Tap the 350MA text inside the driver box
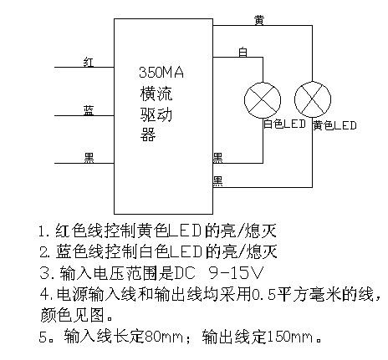(161, 73)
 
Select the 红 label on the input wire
(89, 62)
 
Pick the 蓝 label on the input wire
(89, 110)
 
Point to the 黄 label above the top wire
(259, 20)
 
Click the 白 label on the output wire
(242, 52)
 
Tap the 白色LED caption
(284, 124)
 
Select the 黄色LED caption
(334, 125)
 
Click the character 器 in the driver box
(147, 134)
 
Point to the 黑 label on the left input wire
(89, 158)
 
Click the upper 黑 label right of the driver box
(217, 158)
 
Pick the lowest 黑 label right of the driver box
(217, 181)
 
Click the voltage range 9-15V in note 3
(236, 273)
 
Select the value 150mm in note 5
(290, 337)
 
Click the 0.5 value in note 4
(263, 295)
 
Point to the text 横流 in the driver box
(156, 94)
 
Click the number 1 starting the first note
(43, 231)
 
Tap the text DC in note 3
(184, 273)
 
